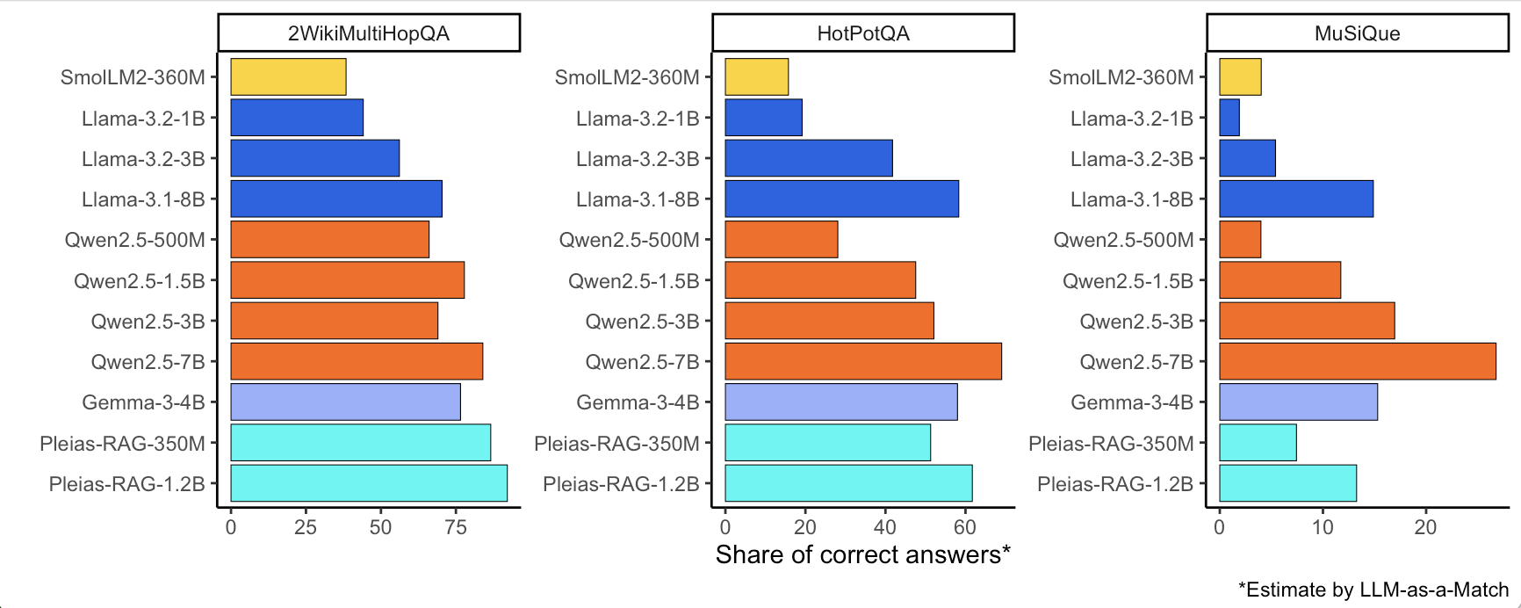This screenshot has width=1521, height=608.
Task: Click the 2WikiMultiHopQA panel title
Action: pyautogui.click(x=369, y=33)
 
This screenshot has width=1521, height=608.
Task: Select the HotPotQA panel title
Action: pyautogui.click(x=863, y=33)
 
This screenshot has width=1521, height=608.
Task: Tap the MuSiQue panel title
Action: pyautogui.click(x=1357, y=33)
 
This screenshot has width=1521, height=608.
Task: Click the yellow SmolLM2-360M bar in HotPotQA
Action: pyautogui.click(x=756, y=77)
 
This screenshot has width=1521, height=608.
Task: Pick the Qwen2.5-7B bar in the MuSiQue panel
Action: pyautogui.click(x=1357, y=362)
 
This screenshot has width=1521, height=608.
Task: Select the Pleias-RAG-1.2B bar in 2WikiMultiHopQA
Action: pyautogui.click(x=369, y=483)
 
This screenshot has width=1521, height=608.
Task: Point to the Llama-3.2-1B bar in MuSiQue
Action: pyautogui.click(x=1229, y=118)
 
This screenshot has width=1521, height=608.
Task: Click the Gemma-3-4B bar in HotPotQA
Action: pyautogui.click(x=840, y=402)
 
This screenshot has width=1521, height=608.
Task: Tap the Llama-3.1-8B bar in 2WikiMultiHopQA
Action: pyautogui.click(x=336, y=199)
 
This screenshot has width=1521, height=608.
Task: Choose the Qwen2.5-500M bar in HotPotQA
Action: pyautogui.click(x=781, y=240)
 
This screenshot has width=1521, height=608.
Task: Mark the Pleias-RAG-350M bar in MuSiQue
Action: pyautogui.click(x=1258, y=443)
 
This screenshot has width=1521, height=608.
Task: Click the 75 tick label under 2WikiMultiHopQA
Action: pyautogui.click(x=456, y=527)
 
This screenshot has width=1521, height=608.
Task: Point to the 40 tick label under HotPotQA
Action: pyautogui.click(x=885, y=527)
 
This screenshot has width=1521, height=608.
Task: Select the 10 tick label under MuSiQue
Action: pyautogui.click(x=1323, y=527)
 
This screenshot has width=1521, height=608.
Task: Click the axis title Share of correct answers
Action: pyautogui.click(x=862, y=555)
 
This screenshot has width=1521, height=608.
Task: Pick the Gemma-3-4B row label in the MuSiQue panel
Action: pyautogui.click(x=1132, y=402)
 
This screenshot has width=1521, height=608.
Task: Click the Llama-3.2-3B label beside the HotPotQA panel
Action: pyautogui.click(x=638, y=159)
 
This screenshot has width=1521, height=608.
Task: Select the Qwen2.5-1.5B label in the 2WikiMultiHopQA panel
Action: pyautogui.click(x=140, y=281)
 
